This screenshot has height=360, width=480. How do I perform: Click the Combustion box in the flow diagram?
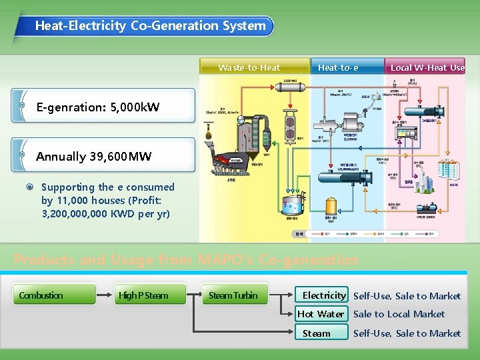pos(57,295)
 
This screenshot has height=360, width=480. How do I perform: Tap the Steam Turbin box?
pos(233,295)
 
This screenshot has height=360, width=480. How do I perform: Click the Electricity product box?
pos(324,295)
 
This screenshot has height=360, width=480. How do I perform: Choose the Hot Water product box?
pos(321,314)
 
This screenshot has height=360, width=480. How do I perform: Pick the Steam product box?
pos(321,333)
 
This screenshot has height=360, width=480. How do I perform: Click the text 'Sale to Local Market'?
pos(399,314)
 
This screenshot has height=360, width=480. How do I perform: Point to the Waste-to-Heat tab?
pos(249,67)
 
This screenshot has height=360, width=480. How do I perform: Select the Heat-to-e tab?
pos(338,67)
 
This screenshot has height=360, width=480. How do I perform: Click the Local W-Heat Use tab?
pos(427,67)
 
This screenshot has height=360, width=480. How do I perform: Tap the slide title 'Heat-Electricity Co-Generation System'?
pos(150,26)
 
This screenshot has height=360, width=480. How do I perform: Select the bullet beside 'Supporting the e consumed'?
pos(30,187)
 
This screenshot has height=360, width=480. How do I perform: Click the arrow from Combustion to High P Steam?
pos(105,295)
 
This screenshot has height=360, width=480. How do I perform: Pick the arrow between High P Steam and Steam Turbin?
pos(194,295)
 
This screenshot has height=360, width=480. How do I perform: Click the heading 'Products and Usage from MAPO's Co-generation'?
pos(186,259)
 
